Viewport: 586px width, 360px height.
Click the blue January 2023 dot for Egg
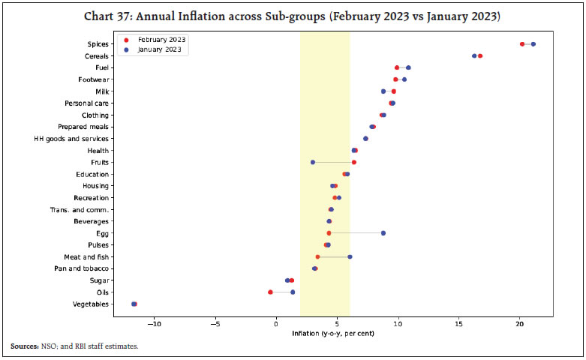point(383,233)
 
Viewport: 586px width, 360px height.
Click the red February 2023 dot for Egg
point(329,233)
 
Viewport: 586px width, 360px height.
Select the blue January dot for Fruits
point(313,162)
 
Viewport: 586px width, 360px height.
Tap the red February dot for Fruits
point(354,162)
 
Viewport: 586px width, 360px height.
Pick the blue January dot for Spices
point(533,44)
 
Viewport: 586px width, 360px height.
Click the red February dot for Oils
point(271,292)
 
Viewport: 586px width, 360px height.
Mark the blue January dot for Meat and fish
point(350,256)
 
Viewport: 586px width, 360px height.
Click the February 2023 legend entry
point(158,38)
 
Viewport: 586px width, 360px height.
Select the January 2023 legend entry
point(157,49)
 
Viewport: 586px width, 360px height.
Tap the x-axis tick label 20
point(520,323)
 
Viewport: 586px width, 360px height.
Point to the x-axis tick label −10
point(154,323)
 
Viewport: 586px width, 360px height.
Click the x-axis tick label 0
point(276,323)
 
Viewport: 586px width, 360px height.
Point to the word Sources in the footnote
point(26,346)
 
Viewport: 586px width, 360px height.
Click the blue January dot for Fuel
point(408,67)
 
